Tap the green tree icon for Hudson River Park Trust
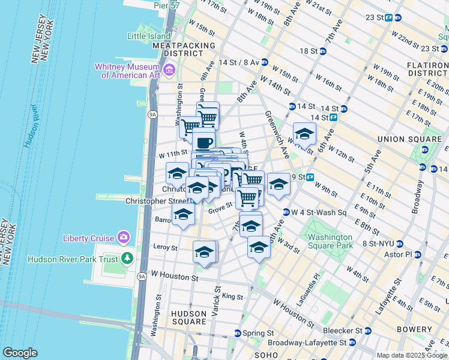127,259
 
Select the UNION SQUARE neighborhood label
402,139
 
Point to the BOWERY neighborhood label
414,329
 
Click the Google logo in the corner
20,353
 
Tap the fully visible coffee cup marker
203,142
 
